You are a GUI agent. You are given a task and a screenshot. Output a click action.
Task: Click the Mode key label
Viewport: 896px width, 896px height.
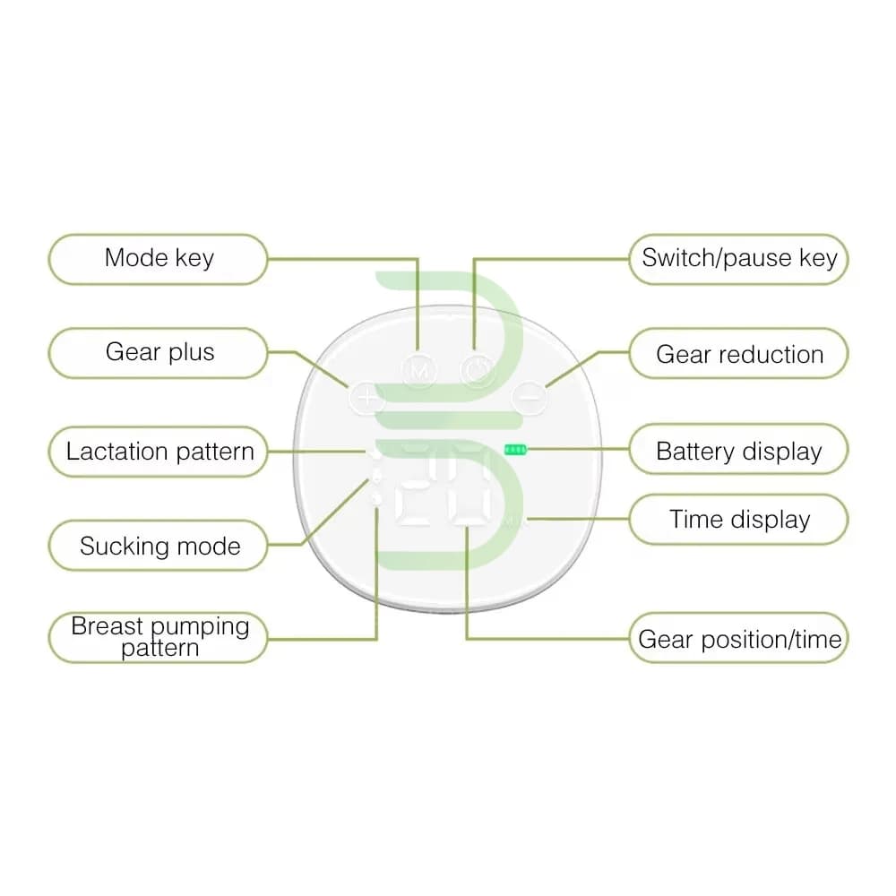click(x=159, y=259)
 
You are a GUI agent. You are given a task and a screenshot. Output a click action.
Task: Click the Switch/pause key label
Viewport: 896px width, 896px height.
click(x=739, y=259)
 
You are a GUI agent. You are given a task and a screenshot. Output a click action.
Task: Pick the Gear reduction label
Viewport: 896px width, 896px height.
click(x=739, y=353)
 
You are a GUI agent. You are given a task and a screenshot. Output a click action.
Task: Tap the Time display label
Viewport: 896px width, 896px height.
click(x=739, y=520)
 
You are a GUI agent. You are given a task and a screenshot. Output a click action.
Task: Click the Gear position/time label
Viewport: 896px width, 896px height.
click(x=739, y=638)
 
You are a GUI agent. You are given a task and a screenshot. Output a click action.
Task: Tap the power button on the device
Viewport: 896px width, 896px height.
click(x=478, y=371)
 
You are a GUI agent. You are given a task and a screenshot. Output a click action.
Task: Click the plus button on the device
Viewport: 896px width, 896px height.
click(x=366, y=397)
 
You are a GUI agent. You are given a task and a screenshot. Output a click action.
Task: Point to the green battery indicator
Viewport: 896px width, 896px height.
click(x=515, y=451)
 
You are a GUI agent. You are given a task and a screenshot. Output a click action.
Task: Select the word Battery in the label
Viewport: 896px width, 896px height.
click(x=695, y=452)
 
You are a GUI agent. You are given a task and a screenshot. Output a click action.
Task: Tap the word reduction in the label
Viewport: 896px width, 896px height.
click(x=771, y=355)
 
